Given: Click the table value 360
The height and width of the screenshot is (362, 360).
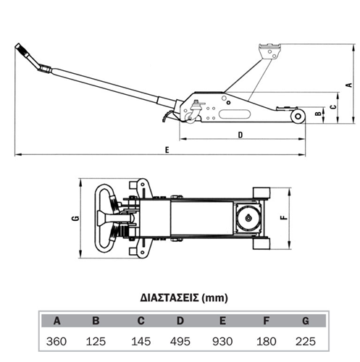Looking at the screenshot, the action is click(x=56, y=342).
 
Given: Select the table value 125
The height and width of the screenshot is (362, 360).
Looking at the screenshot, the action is click(x=96, y=342).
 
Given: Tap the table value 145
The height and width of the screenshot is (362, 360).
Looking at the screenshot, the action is click(x=141, y=342).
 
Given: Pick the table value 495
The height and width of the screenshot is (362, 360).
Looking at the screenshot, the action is click(x=180, y=342).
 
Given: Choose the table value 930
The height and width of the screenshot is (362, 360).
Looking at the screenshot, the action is click(x=222, y=342).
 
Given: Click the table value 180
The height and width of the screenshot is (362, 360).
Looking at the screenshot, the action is click(x=267, y=342).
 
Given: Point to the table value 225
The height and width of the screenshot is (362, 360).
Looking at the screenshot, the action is click(x=306, y=342).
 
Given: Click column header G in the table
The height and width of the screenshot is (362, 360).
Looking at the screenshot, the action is click(x=306, y=321).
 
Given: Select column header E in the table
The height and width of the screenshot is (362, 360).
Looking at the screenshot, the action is click(x=222, y=321).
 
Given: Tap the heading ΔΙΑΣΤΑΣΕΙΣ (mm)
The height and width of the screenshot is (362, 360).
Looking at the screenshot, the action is click(x=184, y=298).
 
